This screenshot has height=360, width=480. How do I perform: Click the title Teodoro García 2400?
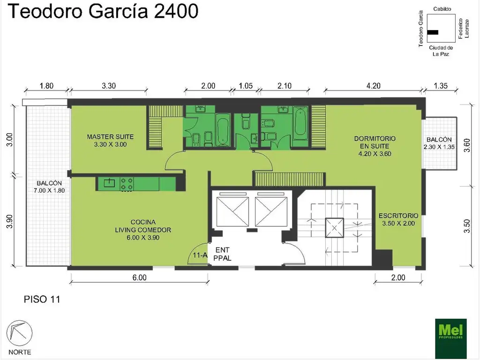click(x=103, y=12)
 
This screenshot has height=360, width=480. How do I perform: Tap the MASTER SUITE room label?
click(x=110, y=141)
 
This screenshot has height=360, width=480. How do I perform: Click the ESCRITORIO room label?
click(x=397, y=219)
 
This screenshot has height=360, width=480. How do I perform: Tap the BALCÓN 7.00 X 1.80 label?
click(x=49, y=187)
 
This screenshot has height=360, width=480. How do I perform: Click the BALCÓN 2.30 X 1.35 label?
click(x=439, y=143)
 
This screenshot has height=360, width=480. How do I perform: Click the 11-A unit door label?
click(x=200, y=255)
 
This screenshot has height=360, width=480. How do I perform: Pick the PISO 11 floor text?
click(x=42, y=299)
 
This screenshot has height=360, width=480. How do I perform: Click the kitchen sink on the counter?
click(x=110, y=183)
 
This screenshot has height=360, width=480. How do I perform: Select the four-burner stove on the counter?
click(x=126, y=183)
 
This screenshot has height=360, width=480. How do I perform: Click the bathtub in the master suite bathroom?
click(x=222, y=130)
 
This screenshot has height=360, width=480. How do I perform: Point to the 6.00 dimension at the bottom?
click(x=139, y=277)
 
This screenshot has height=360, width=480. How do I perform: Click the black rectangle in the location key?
click(x=433, y=32)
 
